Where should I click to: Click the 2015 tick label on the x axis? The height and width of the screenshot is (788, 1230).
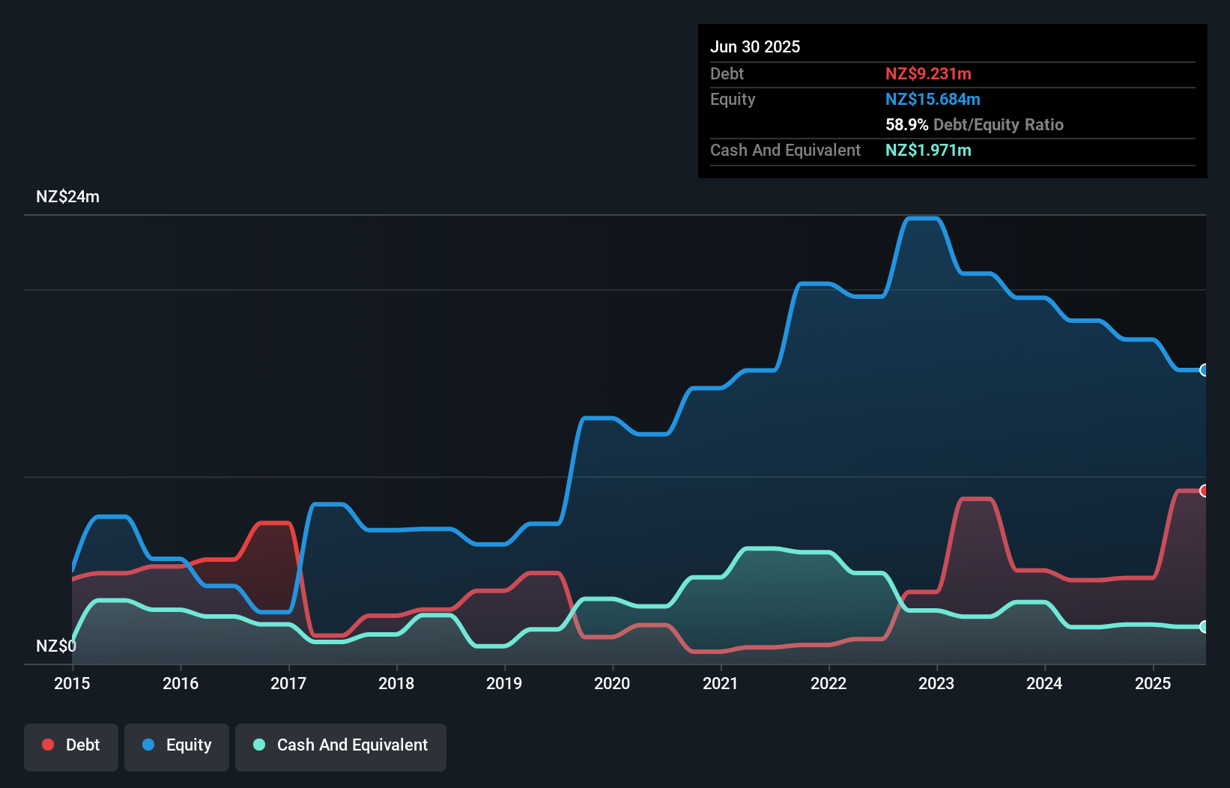coord(72,683)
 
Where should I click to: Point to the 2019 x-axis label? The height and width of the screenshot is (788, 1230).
coord(504,683)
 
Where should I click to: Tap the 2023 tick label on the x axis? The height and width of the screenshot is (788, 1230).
coord(936,683)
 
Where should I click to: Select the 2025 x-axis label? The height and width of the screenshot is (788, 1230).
coord(1153,683)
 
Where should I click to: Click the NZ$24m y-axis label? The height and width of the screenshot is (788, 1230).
coord(67,197)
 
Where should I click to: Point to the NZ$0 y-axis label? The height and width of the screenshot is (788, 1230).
coord(55,646)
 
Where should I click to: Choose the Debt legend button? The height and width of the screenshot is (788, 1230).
coord(71,745)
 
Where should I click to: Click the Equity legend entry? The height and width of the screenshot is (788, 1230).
coord(177,745)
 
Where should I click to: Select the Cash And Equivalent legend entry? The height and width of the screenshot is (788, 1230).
coord(341,745)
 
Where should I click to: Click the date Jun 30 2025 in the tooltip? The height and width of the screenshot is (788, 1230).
coord(755,46)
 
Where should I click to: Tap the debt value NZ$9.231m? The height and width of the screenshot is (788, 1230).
coord(928,73)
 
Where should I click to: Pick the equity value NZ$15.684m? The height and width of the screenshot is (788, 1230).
coord(933,99)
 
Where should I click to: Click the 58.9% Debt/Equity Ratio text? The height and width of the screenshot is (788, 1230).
coord(974,124)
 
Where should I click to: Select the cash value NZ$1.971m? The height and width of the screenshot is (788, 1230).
coord(928,150)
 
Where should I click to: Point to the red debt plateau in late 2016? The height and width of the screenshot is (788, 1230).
coord(273,523)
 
